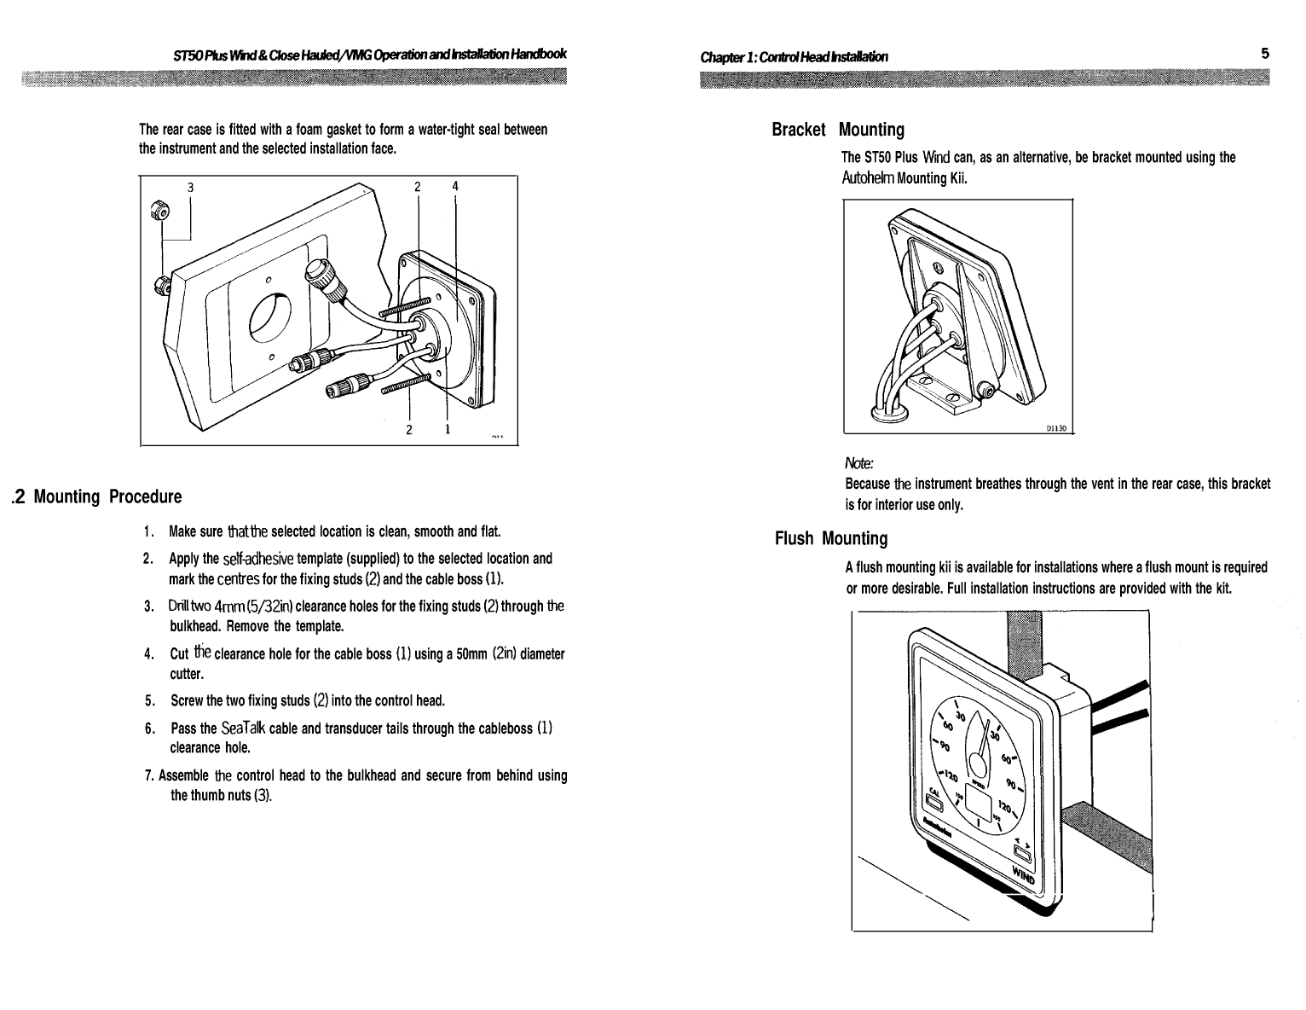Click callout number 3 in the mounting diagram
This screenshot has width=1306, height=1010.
pyautogui.click(x=191, y=187)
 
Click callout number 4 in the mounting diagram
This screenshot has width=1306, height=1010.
pyautogui.click(x=455, y=186)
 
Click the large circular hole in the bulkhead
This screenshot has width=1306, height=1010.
pyautogui.click(x=270, y=320)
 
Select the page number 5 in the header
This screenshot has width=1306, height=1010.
pyautogui.click(x=1265, y=53)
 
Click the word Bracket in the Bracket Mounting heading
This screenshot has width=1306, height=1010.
pyautogui.click(x=798, y=130)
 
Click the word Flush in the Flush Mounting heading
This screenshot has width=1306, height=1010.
pyautogui.click(x=795, y=538)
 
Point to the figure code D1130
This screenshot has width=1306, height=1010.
pyautogui.click(x=1056, y=428)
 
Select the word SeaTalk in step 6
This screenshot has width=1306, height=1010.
pyautogui.click(x=242, y=728)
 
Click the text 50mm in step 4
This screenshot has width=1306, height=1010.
pyautogui.click(x=471, y=654)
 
